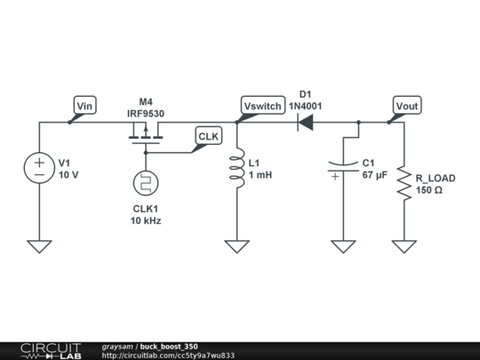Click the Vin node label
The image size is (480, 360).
click(85, 107)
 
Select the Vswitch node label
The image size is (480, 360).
click(262, 107)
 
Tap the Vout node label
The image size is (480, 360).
click(407, 107)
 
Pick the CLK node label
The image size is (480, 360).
click(207, 135)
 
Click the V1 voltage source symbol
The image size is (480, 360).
click(39, 168)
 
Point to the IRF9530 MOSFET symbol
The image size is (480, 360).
click(144, 133)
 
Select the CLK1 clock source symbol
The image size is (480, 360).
click(144, 183)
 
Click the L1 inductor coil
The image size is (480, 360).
click(236, 170)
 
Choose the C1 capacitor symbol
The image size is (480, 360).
click(343, 167)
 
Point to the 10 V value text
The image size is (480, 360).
click(68, 175)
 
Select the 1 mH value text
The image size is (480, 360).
click(260, 175)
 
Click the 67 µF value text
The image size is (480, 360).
click(375, 175)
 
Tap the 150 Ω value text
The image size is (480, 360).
click(429, 190)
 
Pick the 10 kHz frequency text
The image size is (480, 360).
click(147, 220)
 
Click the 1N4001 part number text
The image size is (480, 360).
click(305, 106)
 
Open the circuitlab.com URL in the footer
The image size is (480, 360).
click(168, 356)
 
